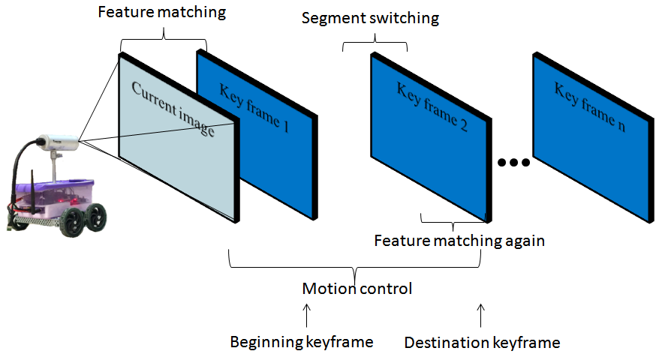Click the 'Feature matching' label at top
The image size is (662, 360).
click(x=162, y=12)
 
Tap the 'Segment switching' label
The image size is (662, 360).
click(x=370, y=18)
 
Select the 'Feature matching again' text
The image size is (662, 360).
click(x=459, y=241)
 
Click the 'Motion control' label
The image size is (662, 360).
click(x=357, y=289)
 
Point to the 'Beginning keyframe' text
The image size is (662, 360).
click(x=302, y=342)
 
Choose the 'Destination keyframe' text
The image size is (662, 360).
click(x=482, y=342)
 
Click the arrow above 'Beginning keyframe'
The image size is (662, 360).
click(x=307, y=315)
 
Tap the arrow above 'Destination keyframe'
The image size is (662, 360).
click(x=481, y=315)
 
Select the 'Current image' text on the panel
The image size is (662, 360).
click(x=173, y=109)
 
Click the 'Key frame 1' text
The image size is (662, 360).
click(x=254, y=107)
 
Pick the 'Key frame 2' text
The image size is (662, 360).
click(x=432, y=106)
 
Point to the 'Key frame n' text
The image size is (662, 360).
click(x=589, y=106)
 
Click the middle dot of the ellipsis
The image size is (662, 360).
click(x=514, y=162)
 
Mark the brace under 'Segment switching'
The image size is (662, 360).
click(x=375, y=43)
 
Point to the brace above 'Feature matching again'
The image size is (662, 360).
click(x=453, y=222)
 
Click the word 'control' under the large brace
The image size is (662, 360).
click(x=386, y=289)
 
